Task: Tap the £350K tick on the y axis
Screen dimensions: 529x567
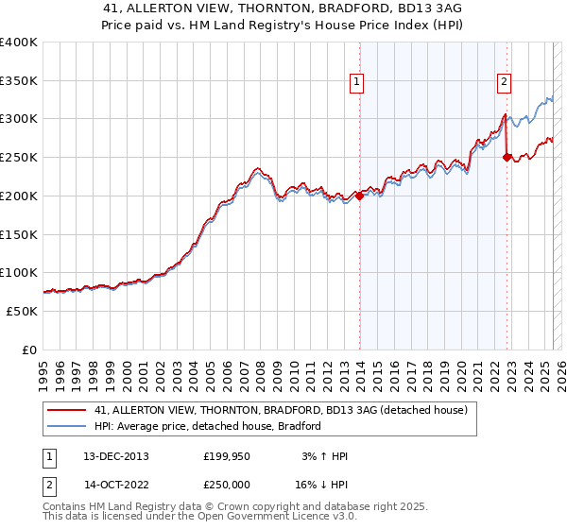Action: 19,81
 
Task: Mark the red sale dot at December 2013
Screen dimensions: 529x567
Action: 359,196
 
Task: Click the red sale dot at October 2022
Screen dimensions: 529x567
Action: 507,158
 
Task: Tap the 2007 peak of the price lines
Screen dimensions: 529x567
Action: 256,170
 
